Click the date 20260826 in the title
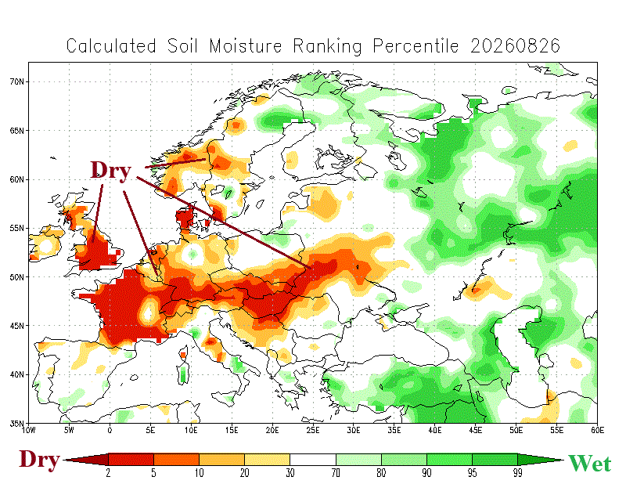point(515,46)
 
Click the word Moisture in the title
point(246,46)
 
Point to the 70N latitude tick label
point(16,81)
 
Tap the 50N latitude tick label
point(16,277)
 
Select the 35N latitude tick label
point(16,423)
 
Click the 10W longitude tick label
point(28,430)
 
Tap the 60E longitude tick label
point(597,430)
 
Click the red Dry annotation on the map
point(110,170)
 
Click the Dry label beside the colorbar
point(39,460)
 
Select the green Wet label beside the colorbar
point(590,464)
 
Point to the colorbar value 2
point(108,473)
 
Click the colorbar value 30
point(290,473)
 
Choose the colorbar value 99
point(517,473)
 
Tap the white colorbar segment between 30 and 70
point(313,459)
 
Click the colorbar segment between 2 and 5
point(131,459)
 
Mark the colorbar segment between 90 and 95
point(449,459)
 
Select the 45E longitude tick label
point(475,430)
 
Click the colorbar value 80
point(381,473)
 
